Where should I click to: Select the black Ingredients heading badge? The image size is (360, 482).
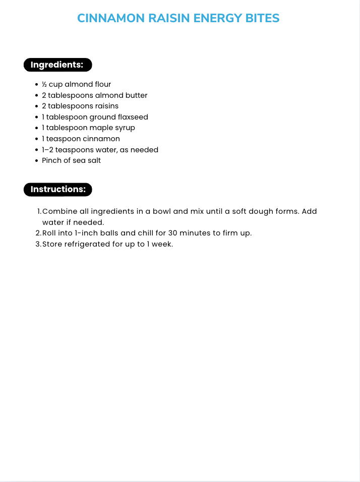57,65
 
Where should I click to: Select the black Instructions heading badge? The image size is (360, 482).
57,190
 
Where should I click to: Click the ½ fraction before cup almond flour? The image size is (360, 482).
44,84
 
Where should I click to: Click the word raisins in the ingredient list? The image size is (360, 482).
107,106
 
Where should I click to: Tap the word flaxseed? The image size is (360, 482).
133,117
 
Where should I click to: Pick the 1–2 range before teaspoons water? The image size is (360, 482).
47,150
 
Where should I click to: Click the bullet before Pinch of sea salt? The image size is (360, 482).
37,161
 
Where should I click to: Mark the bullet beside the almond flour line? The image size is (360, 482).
37,85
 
